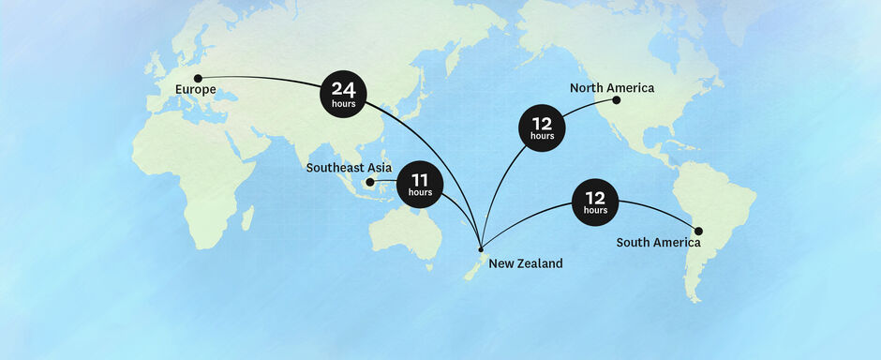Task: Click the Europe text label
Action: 195,90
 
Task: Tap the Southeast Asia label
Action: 349,168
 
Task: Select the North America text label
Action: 612,88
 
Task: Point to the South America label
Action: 658,243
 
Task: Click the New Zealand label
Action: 526,263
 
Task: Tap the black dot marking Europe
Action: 198,78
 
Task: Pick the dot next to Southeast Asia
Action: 370,182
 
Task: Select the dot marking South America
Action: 698,231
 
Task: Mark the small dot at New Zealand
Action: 481,249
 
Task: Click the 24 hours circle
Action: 343,94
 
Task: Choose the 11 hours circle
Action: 420,185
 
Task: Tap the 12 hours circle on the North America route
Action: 542,127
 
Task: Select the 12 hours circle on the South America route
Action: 595,202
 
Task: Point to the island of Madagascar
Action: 247,218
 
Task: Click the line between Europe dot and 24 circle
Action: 262,78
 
